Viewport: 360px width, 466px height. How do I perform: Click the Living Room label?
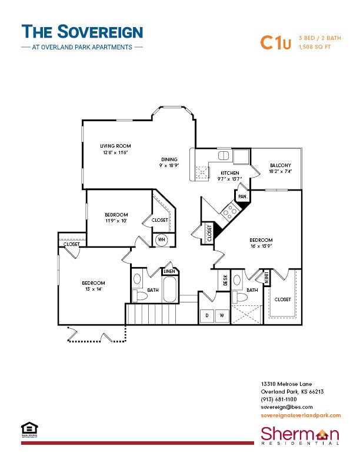coord(115,146)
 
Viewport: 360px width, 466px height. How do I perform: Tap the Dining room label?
coord(170,159)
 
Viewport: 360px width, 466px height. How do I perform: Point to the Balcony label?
coord(280,165)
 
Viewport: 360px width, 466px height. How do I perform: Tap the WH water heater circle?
coord(161,240)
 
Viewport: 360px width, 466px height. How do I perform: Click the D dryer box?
coord(206,315)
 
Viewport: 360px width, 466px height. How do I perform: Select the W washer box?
coord(222,315)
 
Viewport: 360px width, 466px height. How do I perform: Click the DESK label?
coord(224,281)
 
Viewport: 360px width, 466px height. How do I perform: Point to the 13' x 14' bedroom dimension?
coord(94,289)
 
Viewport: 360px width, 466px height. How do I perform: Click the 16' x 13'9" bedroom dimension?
coord(261,247)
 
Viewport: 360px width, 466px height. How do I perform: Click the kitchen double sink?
coord(224,156)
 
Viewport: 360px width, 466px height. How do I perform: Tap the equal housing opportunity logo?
coord(26,428)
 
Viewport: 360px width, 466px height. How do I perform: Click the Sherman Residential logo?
coord(300,436)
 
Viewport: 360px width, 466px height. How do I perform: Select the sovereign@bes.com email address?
coord(286,407)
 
